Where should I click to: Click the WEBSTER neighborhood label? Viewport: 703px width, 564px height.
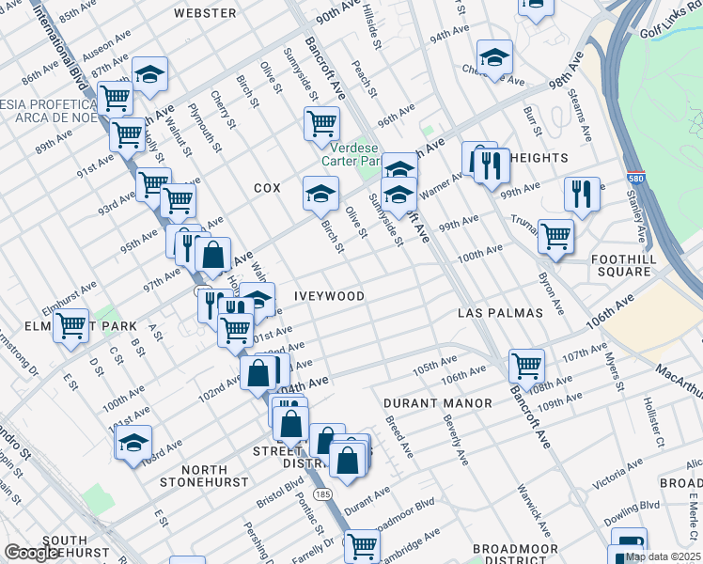206,13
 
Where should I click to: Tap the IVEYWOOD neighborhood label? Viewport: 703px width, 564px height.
329,295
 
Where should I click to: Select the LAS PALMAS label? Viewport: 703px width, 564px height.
501,312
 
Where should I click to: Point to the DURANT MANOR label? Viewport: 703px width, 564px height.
438,403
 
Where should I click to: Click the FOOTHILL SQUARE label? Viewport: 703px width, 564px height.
633,265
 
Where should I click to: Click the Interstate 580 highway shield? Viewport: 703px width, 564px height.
636,179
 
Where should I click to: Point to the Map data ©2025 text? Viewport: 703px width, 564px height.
662,556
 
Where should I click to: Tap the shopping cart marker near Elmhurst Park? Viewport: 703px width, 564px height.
71,325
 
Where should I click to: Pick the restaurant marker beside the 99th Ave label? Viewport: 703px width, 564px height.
582,194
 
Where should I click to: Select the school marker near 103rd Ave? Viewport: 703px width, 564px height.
133,442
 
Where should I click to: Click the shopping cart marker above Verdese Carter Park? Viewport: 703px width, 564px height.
321,122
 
